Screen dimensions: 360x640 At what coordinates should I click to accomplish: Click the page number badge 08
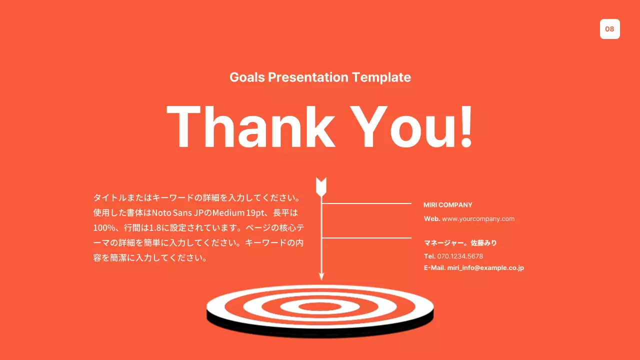coord(609,29)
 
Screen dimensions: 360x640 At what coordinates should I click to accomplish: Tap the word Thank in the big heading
coord(250,126)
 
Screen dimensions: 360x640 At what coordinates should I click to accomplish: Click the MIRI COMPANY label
coord(447,205)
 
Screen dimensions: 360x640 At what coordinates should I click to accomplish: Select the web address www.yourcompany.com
coord(478,219)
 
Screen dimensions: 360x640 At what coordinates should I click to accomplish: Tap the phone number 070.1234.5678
coord(460,256)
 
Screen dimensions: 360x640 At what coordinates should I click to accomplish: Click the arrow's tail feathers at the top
coord(321,186)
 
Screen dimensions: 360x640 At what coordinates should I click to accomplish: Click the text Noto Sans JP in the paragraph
coord(173,212)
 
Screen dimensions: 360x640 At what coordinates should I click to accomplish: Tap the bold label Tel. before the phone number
coord(429,256)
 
